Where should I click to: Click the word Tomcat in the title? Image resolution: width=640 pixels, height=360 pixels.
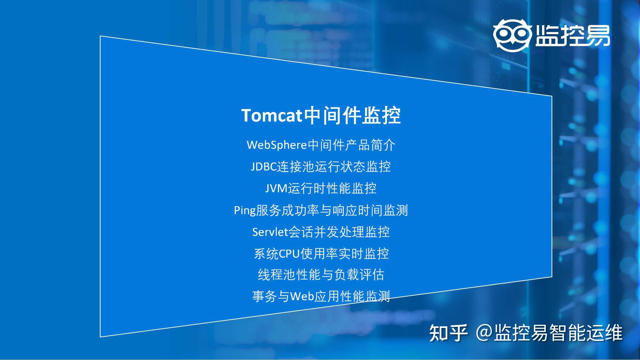272,116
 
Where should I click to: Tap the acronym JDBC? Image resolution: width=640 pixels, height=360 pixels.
264,167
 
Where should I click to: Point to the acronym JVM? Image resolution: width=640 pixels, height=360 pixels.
276,188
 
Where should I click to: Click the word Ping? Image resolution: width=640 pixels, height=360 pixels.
245,210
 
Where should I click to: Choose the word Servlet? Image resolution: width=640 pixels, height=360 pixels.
270,232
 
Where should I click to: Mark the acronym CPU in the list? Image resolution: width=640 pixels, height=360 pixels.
289,254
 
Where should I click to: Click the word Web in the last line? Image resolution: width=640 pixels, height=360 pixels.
302,296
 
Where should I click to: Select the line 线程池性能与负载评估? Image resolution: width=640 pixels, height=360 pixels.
321,275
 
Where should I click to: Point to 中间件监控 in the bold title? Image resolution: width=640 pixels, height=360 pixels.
352,116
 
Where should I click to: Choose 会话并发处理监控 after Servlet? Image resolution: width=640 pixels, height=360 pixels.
339,232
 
